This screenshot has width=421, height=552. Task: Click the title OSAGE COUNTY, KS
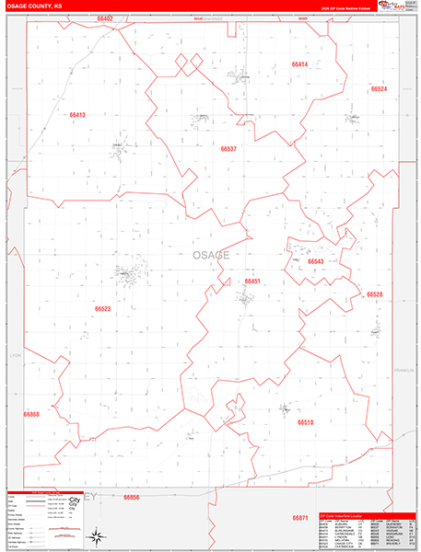[34, 6]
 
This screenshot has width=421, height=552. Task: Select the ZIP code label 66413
[76, 115]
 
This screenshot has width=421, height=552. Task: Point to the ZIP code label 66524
[379, 89]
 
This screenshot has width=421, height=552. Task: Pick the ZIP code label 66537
[229, 148]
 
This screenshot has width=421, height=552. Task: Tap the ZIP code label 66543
[316, 261]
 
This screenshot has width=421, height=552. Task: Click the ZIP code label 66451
[252, 281]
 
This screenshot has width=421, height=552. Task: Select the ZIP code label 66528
[374, 294]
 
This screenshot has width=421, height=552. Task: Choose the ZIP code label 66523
[102, 309]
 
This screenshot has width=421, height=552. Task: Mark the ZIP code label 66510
[306, 422]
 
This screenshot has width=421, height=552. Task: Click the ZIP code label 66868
[31, 415]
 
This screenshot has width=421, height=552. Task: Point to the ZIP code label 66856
[130, 497]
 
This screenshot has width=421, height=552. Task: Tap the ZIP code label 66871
[300, 518]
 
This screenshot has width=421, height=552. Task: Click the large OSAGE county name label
[212, 255]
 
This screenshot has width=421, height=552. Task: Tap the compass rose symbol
[94, 533]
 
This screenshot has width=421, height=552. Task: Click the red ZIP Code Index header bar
[364, 514]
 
